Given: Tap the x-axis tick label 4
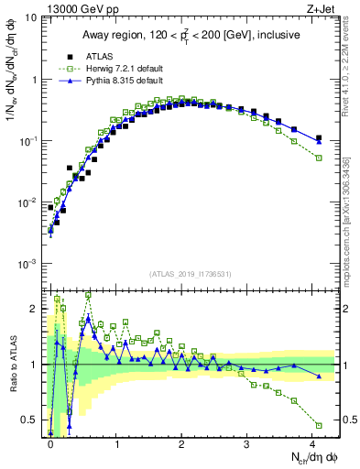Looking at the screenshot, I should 312,442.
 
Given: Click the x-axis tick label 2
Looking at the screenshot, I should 181,442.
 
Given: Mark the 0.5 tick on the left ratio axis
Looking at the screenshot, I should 33,420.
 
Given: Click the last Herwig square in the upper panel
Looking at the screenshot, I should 319,158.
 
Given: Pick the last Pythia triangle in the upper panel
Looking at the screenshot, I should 319,141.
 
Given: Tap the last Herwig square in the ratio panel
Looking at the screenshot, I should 319,425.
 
